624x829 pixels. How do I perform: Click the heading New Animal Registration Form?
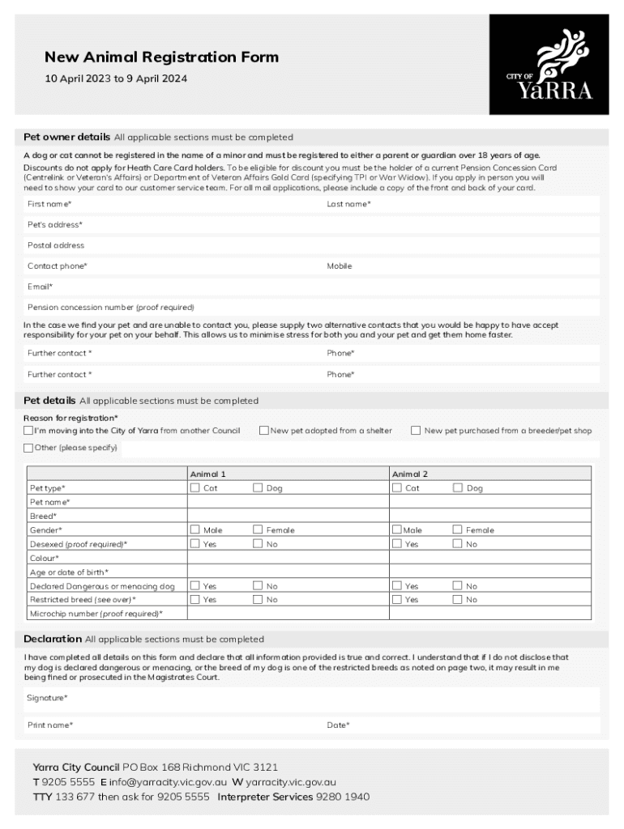(x=161, y=57)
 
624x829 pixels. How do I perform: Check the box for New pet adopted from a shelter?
(x=264, y=431)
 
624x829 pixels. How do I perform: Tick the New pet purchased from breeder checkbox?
(x=416, y=431)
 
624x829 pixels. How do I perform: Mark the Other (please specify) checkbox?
(x=29, y=448)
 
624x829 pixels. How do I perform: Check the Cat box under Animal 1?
(x=194, y=488)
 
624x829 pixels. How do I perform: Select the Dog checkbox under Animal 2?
(x=458, y=488)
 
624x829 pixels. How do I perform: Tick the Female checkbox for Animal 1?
(x=258, y=530)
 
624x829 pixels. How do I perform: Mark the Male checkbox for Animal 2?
(x=397, y=530)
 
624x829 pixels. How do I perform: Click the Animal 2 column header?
(x=410, y=474)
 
